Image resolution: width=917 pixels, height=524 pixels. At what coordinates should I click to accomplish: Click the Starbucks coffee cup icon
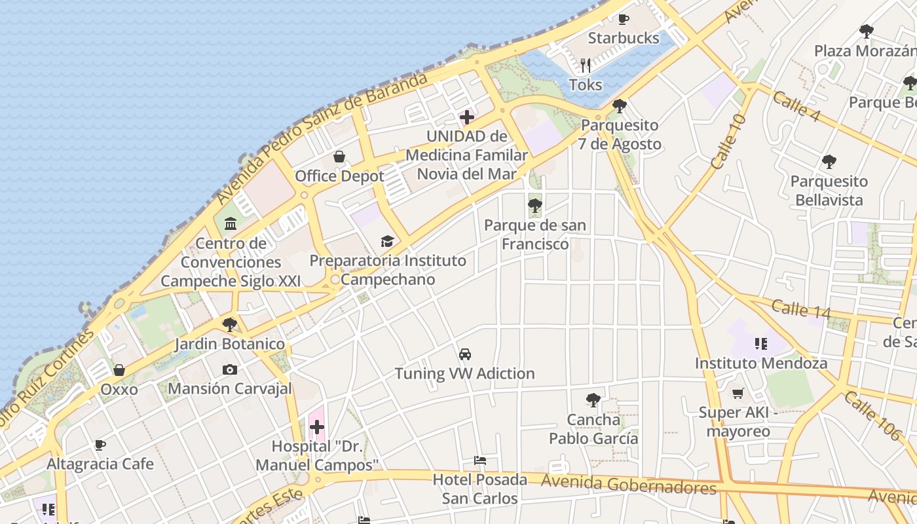click(x=624, y=19)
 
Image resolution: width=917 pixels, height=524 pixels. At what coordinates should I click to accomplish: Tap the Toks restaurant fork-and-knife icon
click(x=586, y=65)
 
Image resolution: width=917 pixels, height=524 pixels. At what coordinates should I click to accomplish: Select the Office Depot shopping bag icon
click(x=339, y=157)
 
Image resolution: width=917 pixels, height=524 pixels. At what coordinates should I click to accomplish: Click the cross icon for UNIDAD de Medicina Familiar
click(x=467, y=117)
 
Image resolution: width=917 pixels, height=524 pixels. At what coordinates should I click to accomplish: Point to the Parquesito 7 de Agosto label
click(x=620, y=134)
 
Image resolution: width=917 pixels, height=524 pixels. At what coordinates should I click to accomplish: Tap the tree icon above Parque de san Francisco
click(x=535, y=206)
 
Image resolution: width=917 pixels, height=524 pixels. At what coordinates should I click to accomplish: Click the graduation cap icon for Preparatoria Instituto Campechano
click(x=388, y=241)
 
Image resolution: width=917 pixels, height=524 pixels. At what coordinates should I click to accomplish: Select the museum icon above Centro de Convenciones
click(x=231, y=224)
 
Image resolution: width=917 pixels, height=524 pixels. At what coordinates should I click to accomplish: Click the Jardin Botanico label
click(x=229, y=344)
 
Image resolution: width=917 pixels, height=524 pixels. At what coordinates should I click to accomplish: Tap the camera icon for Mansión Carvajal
click(x=229, y=369)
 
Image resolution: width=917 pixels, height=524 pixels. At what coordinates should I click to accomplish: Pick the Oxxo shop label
click(x=119, y=390)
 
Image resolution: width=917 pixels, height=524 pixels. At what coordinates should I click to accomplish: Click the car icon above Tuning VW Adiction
click(x=465, y=354)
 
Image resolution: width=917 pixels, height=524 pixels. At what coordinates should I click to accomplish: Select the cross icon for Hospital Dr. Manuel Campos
click(x=317, y=428)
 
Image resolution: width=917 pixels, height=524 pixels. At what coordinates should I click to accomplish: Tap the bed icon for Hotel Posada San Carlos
click(x=480, y=460)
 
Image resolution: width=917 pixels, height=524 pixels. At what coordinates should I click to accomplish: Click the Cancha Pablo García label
click(x=593, y=429)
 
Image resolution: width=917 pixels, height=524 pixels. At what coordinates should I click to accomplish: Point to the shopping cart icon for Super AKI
click(x=738, y=393)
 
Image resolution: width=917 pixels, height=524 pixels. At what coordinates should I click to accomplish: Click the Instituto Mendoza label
click(x=761, y=363)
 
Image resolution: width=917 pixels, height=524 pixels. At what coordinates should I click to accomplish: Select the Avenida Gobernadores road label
click(x=629, y=485)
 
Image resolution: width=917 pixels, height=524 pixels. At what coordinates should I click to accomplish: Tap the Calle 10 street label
click(x=728, y=141)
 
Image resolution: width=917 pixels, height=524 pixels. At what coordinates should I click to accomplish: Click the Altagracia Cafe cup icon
click(x=100, y=445)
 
